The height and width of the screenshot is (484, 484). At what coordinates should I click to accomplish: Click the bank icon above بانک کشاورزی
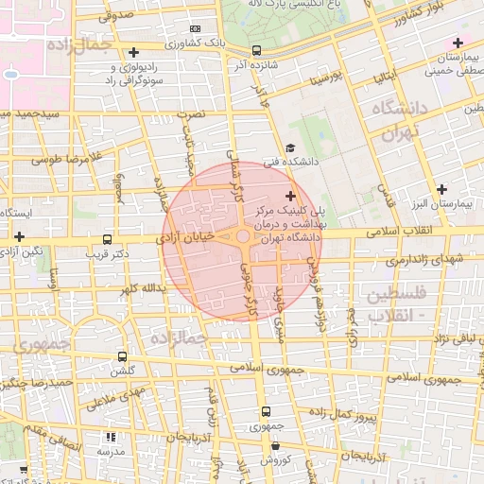click(195, 29)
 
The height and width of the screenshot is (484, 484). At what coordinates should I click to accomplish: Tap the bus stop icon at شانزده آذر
click(258, 51)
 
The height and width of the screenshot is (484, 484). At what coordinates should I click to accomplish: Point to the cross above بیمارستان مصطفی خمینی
click(458, 43)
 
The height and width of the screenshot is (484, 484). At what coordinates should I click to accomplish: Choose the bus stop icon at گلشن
click(122, 356)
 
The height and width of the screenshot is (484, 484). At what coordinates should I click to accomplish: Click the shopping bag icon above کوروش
click(272, 445)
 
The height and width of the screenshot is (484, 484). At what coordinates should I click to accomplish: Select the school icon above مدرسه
click(111, 437)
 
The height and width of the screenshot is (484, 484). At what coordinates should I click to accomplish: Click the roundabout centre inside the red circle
click(243, 236)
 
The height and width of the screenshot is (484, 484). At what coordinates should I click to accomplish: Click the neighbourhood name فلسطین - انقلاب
click(403, 303)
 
